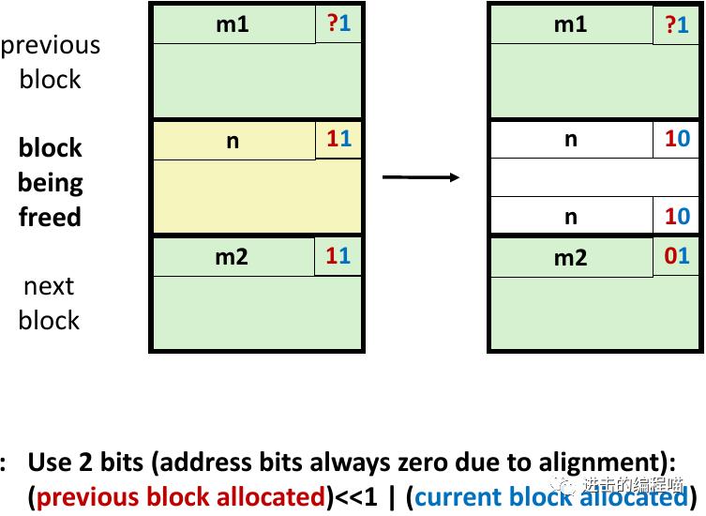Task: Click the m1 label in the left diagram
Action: point(233,23)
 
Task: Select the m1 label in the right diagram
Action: point(570,23)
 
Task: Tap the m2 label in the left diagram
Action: point(232,256)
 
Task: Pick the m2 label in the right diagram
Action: point(570,257)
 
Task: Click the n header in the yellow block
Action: point(233,141)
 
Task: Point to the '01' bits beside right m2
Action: point(677,256)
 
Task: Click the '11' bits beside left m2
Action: point(338,255)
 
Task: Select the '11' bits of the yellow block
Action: point(338,140)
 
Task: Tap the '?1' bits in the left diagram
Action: point(338,23)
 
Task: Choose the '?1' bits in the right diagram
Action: point(677,24)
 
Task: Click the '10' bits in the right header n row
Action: point(677,139)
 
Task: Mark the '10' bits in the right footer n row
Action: point(677,217)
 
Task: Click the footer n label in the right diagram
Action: point(570,217)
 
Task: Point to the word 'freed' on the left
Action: point(50,218)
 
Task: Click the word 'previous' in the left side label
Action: point(51,45)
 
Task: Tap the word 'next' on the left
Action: point(49,285)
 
